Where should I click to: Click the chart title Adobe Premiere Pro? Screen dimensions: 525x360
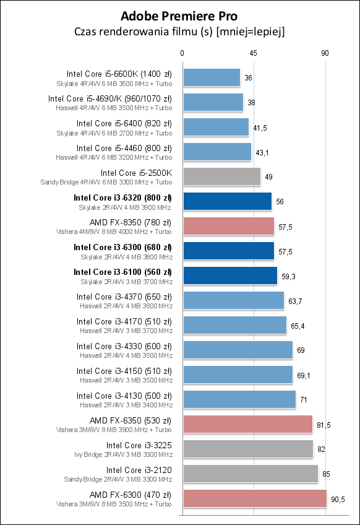(179, 15)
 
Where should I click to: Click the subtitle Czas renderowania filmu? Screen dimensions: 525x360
(179, 32)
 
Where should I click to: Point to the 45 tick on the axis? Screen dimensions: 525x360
(253, 54)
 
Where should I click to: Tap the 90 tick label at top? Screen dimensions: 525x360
(325, 54)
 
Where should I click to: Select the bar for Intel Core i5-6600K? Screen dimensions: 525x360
(211, 77)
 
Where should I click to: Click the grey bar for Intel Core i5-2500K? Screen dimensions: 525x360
(221, 176)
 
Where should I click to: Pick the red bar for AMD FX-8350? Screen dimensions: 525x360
(228, 226)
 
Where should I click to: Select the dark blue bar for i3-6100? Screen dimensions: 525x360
(229, 276)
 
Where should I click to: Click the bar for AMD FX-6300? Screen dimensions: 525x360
(254, 498)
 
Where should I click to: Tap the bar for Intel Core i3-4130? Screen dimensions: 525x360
(239, 399)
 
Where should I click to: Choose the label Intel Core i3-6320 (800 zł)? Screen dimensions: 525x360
(122, 197)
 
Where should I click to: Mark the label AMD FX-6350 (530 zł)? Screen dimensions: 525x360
(131, 420)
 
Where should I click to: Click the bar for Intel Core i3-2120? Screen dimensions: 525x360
(250, 474)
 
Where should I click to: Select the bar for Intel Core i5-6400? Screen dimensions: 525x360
(215, 127)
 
